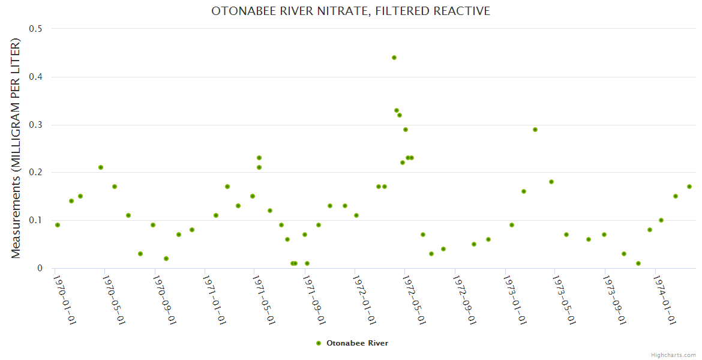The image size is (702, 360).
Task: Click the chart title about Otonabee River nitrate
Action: coord(350,11)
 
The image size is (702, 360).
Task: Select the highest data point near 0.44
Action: coord(394,58)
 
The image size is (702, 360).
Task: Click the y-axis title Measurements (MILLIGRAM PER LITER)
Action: coord(16,148)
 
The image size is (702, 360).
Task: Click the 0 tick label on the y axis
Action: coord(40,268)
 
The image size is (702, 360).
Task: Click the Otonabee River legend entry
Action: coord(353,343)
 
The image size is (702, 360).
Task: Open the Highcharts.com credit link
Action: coord(673,355)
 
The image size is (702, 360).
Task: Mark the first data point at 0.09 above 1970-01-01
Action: coord(58,225)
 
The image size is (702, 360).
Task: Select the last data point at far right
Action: coord(689,187)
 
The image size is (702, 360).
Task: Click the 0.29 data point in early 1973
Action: coord(535,130)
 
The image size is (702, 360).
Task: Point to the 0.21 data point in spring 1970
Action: coord(101,167)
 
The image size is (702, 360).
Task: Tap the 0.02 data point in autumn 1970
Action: coord(166,259)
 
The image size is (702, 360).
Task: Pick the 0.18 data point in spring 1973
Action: coord(551,182)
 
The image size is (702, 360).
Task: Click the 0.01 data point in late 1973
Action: coord(638,263)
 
